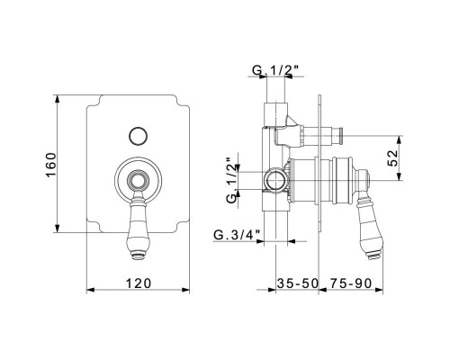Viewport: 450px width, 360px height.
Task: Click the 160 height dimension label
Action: [x=51, y=165]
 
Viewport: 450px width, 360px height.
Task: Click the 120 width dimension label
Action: [x=139, y=283]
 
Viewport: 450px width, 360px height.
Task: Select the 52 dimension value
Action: [x=393, y=157]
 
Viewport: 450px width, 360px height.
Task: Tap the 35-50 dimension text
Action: [x=297, y=283]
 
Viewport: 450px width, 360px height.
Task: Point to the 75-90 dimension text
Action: [x=351, y=283]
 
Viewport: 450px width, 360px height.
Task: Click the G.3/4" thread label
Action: [x=237, y=235]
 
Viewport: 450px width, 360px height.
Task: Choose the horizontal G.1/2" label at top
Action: [x=275, y=70]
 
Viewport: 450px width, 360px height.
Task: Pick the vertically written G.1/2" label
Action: [x=232, y=181]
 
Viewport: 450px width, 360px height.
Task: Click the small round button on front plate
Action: [x=138, y=137]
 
